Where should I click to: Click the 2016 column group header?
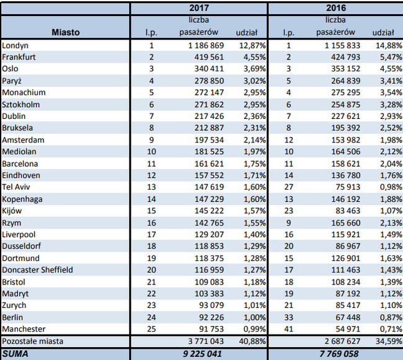coord(335,9)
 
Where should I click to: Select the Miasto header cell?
coord(65,32)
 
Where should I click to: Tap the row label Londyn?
coord(15,45)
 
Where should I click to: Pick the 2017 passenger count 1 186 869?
coord(202,45)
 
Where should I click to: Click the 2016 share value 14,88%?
coord(387,45)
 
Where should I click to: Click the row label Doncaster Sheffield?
coord(37,270)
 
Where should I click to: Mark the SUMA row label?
coord(15,354)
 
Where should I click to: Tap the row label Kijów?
coord(13,211)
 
